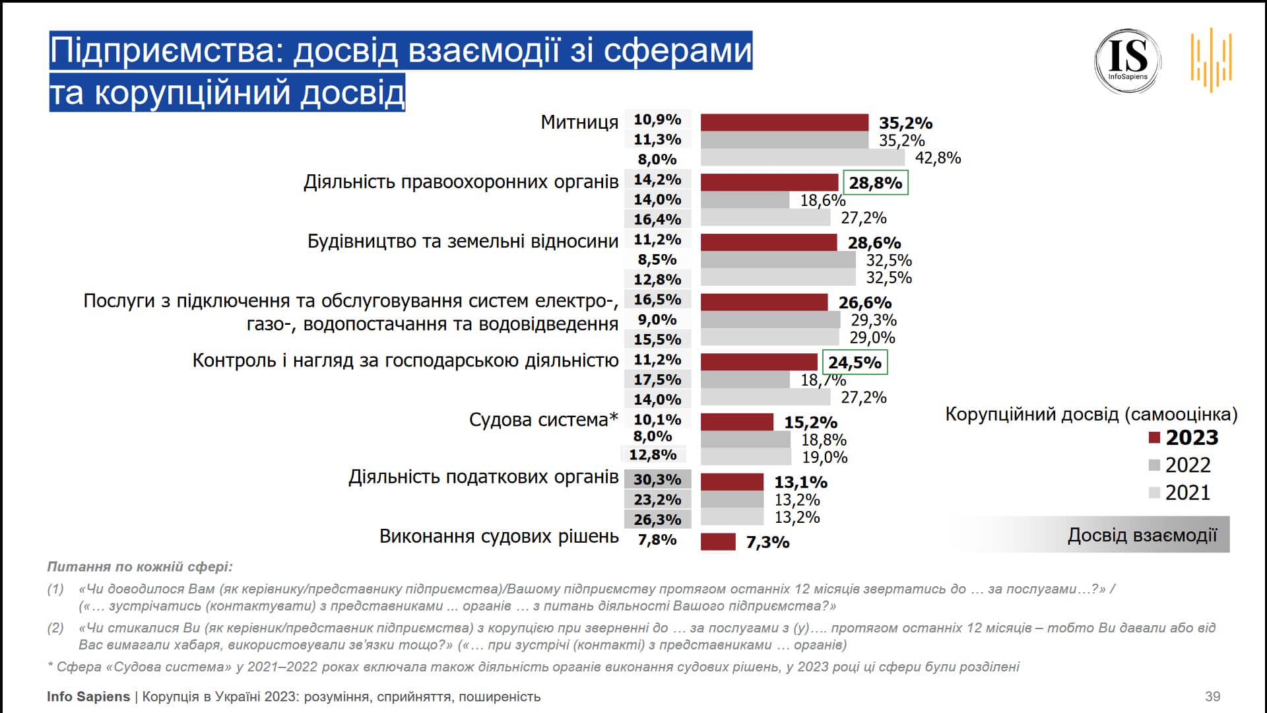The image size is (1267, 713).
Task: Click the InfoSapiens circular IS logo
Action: click(1127, 61)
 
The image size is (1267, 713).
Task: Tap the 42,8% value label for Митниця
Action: click(937, 158)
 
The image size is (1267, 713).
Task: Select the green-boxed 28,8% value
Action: click(875, 183)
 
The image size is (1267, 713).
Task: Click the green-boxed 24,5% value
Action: click(855, 362)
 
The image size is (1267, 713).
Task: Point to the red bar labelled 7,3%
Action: click(717, 542)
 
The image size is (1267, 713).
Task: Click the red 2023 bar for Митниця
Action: click(784, 123)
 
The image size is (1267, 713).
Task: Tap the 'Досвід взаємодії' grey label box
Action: click(1142, 535)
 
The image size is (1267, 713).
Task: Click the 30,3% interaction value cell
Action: click(657, 479)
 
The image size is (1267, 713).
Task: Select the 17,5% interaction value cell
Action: click(657, 380)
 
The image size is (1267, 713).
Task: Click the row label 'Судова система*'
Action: click(543, 420)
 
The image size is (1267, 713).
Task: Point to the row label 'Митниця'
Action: click(579, 122)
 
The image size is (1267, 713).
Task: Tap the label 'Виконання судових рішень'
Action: click(498, 536)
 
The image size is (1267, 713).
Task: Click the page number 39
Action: click(1212, 696)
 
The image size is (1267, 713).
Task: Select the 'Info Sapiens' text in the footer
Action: click(88, 696)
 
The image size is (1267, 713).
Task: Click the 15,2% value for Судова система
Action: click(810, 423)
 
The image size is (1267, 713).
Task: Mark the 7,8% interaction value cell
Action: click(657, 540)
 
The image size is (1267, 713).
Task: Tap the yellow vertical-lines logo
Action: click(1211, 59)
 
